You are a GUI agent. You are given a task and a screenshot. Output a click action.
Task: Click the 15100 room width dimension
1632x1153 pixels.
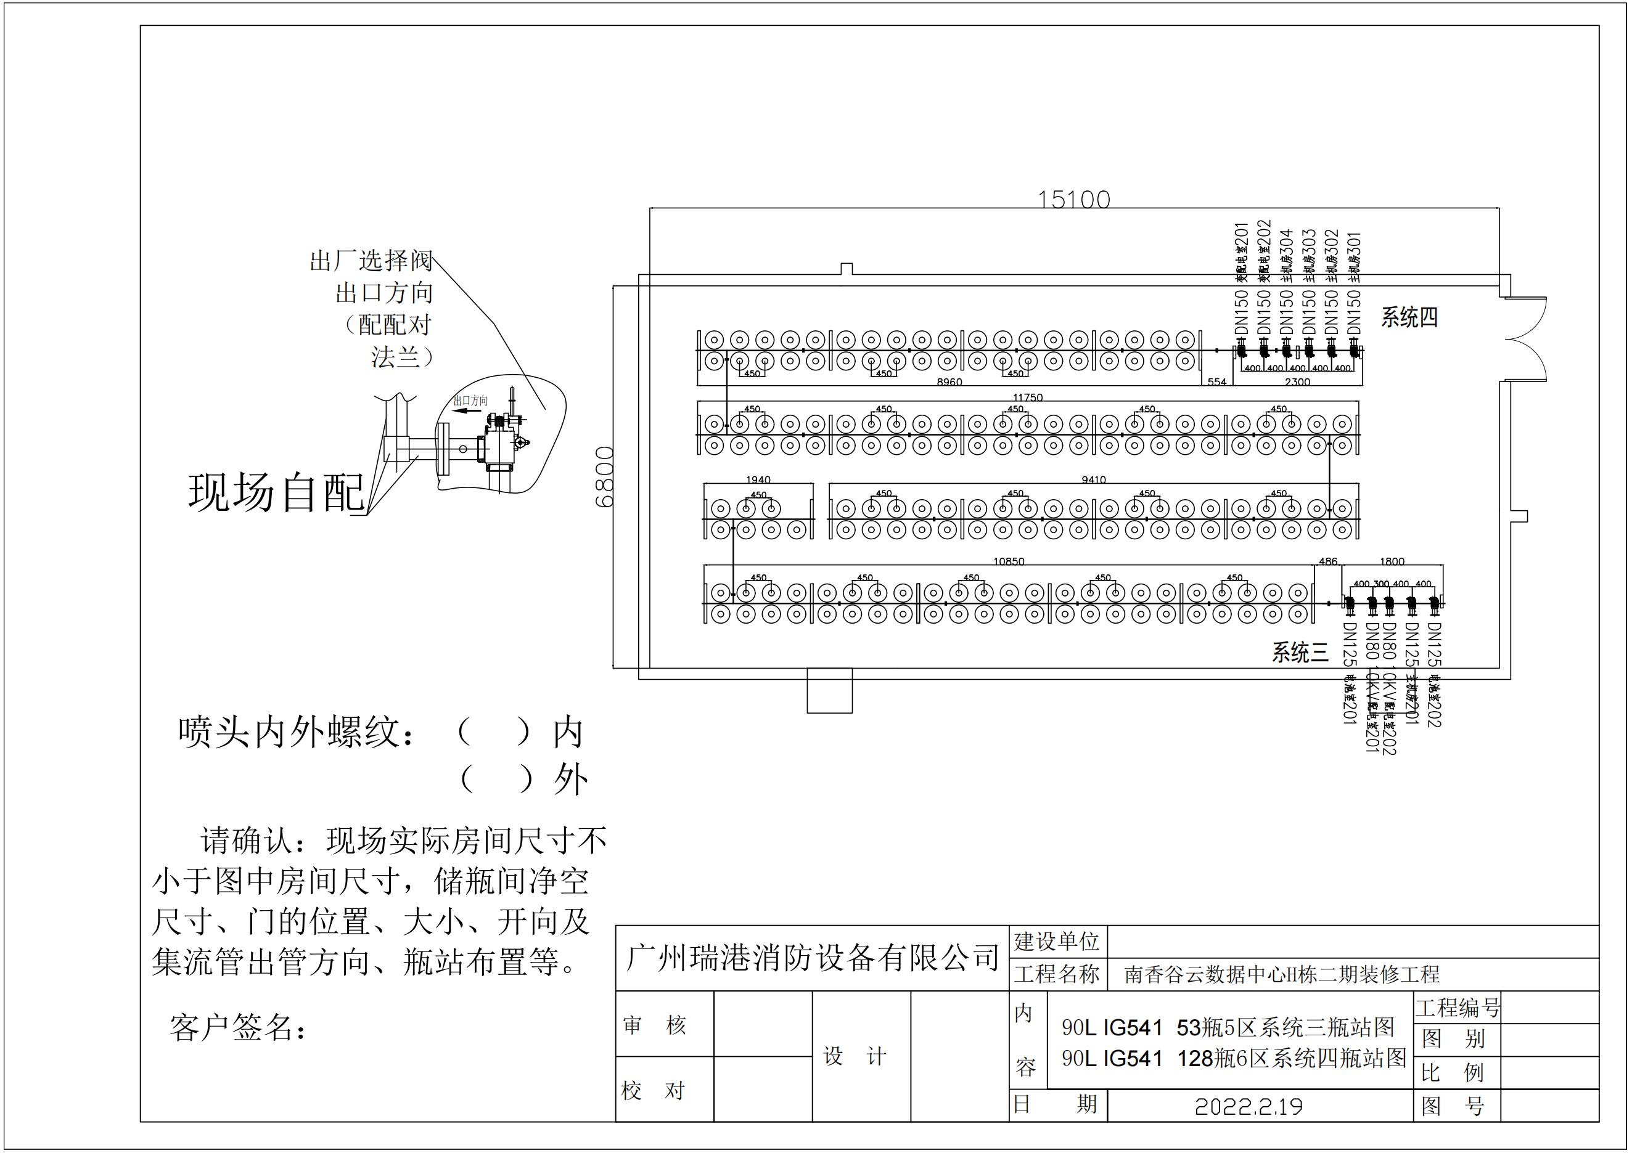tap(1073, 199)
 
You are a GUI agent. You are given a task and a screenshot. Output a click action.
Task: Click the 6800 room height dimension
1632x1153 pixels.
tap(604, 477)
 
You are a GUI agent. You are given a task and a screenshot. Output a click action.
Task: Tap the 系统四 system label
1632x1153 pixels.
tap(1409, 317)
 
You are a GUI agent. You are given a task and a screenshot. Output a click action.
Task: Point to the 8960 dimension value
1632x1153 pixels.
tap(949, 382)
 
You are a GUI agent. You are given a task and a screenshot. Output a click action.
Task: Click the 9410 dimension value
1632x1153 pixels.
tap(1093, 480)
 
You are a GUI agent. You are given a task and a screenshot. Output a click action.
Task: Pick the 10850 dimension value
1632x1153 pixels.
tap(1009, 562)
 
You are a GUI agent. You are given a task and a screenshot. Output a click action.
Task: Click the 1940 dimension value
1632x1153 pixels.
tap(758, 480)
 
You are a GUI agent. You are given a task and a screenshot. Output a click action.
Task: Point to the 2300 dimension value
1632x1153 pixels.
tap(1297, 382)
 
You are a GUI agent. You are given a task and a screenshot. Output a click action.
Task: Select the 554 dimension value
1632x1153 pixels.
tap(1217, 382)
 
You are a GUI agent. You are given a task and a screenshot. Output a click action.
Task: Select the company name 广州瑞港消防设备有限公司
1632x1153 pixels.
tap(812, 958)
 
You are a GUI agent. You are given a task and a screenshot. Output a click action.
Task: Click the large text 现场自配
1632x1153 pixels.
tap(276, 492)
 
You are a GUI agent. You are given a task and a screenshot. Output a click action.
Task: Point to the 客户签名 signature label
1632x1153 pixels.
tap(237, 1027)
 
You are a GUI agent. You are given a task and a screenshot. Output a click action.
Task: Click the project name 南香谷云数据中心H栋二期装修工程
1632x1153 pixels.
tap(1282, 974)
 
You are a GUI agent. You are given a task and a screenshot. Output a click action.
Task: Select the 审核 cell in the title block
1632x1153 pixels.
tap(654, 1025)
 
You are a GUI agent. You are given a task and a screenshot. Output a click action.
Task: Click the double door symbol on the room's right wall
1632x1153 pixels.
tap(1526, 339)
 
